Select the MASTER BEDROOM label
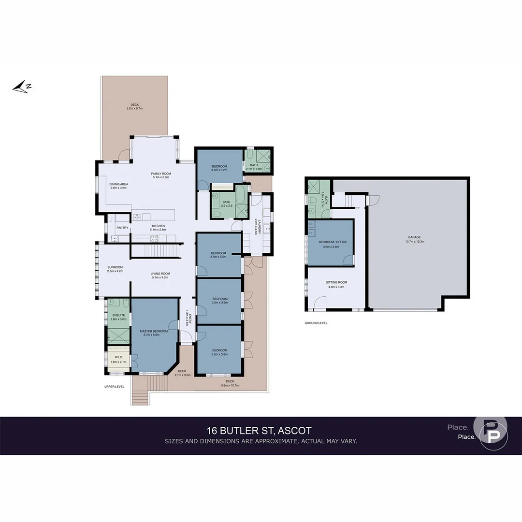(154, 331)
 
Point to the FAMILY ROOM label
(161, 174)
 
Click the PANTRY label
(122, 228)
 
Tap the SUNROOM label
(115, 267)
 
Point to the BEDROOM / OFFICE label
(335, 242)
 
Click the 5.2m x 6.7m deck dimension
(134, 109)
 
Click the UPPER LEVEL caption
(115, 387)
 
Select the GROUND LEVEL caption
(316, 323)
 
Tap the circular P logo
(490, 432)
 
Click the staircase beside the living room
(156, 251)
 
